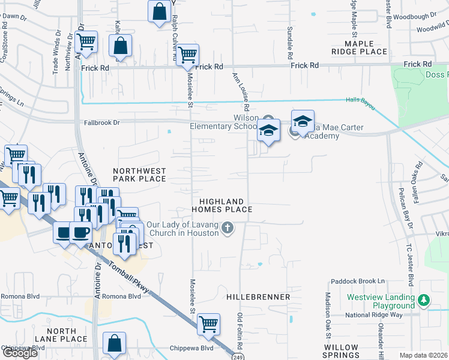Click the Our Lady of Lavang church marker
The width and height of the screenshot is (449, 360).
pyautogui.click(x=227, y=227)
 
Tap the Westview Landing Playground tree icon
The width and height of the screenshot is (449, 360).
pyautogui.click(x=424, y=299)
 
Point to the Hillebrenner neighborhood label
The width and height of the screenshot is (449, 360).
pyautogui.click(x=259, y=297)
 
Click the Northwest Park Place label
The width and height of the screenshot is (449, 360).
pyautogui.click(x=139, y=175)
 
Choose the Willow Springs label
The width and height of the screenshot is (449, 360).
pyautogui.click(x=341, y=352)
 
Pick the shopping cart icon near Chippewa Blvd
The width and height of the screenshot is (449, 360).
pyautogui.click(x=208, y=323)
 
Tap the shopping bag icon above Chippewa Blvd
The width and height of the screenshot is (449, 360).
pyautogui.click(x=113, y=343)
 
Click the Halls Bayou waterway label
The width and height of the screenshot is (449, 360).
pyautogui.click(x=360, y=104)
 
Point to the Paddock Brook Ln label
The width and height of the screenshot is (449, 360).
pyautogui.click(x=357, y=281)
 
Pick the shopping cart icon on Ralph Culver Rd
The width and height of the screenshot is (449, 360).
pyautogui.click(x=188, y=55)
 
